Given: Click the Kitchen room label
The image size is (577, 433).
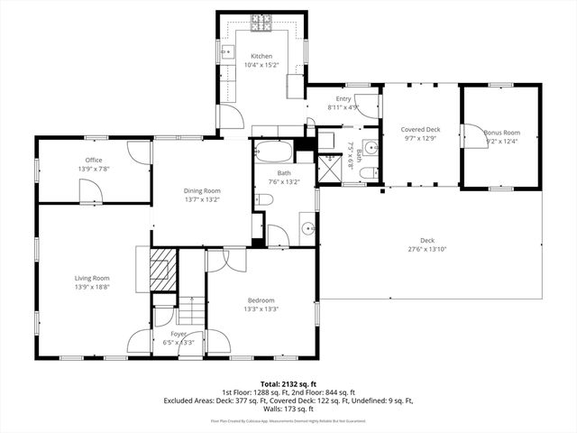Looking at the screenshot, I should coord(261,56).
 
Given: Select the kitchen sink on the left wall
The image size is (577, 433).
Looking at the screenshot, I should coord(227,52).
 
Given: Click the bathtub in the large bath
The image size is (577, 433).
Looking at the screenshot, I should coord(273,151).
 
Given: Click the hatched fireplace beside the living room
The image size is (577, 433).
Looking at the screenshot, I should coord(161,272).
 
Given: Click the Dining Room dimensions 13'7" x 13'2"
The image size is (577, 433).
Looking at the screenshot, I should coord(202,199).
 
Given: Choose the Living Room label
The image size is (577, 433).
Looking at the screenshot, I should coord(92,278).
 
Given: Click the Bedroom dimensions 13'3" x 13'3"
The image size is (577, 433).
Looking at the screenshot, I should coord(261,309).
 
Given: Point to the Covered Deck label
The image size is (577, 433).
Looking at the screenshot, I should coord(420,130).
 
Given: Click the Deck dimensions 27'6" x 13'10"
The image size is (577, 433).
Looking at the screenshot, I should coord(427,248).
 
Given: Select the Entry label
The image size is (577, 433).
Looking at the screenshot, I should coord(343,99).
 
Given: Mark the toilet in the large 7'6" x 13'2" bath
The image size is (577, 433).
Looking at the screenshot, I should coord(261,199).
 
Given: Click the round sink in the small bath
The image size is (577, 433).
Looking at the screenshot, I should coord(370,149).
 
